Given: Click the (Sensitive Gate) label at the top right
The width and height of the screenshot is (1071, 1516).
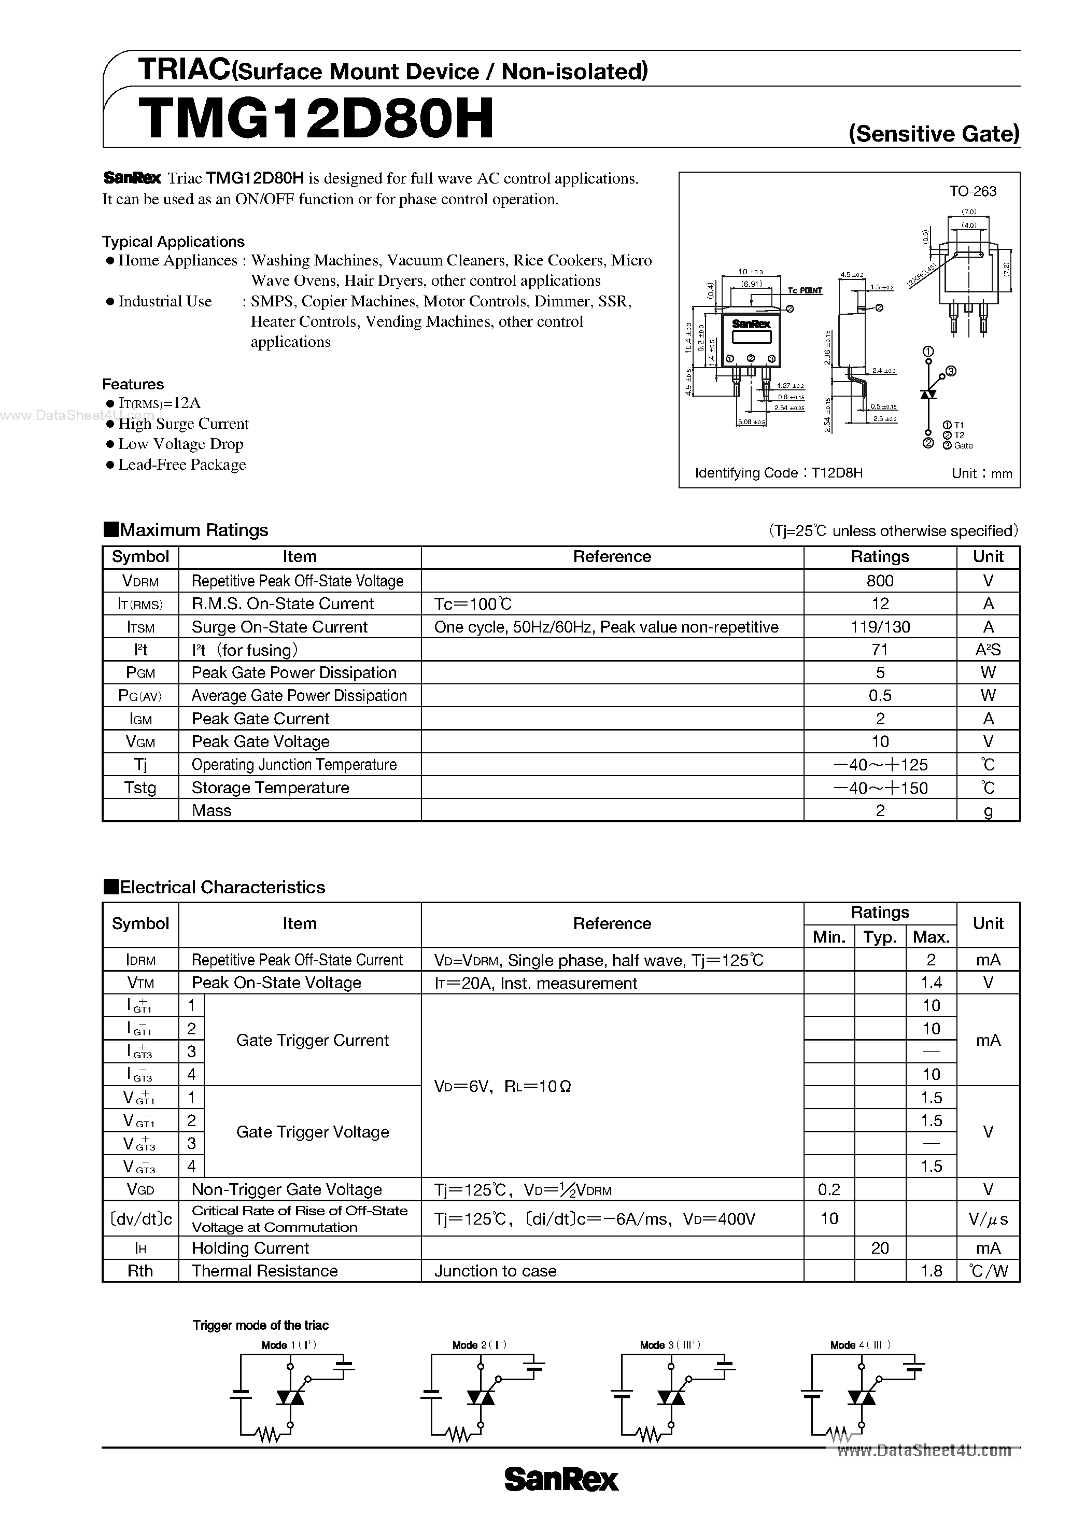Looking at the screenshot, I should coord(934,134).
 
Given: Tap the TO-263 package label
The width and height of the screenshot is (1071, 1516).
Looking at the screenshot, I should coord(973,191).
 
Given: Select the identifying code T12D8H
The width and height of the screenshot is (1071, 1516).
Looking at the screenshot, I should coord(837,473).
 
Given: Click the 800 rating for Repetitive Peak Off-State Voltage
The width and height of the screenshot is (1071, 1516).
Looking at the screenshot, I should coord(880,581).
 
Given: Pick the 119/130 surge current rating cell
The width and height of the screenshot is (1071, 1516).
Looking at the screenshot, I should coord(880,627).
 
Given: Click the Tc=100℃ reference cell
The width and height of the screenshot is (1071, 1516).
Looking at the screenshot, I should coord(473,604).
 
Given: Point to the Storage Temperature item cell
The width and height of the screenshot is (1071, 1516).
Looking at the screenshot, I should coord(270,788).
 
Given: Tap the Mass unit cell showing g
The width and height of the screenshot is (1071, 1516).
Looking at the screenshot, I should coord(988,811).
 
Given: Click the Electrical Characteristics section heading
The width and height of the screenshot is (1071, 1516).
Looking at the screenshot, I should coord(222,888).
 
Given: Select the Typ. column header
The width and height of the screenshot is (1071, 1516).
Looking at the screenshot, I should coord(880,937).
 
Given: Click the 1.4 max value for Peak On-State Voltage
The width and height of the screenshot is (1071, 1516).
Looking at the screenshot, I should coord(931,983).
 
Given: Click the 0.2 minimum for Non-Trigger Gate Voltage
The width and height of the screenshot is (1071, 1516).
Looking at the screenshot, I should coord(829,1190).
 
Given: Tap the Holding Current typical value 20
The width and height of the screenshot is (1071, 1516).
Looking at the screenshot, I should coord(880,1248).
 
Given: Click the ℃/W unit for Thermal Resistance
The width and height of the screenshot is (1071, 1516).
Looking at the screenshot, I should coord(988,1271).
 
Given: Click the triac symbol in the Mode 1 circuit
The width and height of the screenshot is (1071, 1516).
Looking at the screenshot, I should coord(290,1398).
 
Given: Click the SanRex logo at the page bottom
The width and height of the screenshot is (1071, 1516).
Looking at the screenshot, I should coord(561,1480).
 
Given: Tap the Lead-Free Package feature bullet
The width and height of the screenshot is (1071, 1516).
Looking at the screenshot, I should coord(181,465).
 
